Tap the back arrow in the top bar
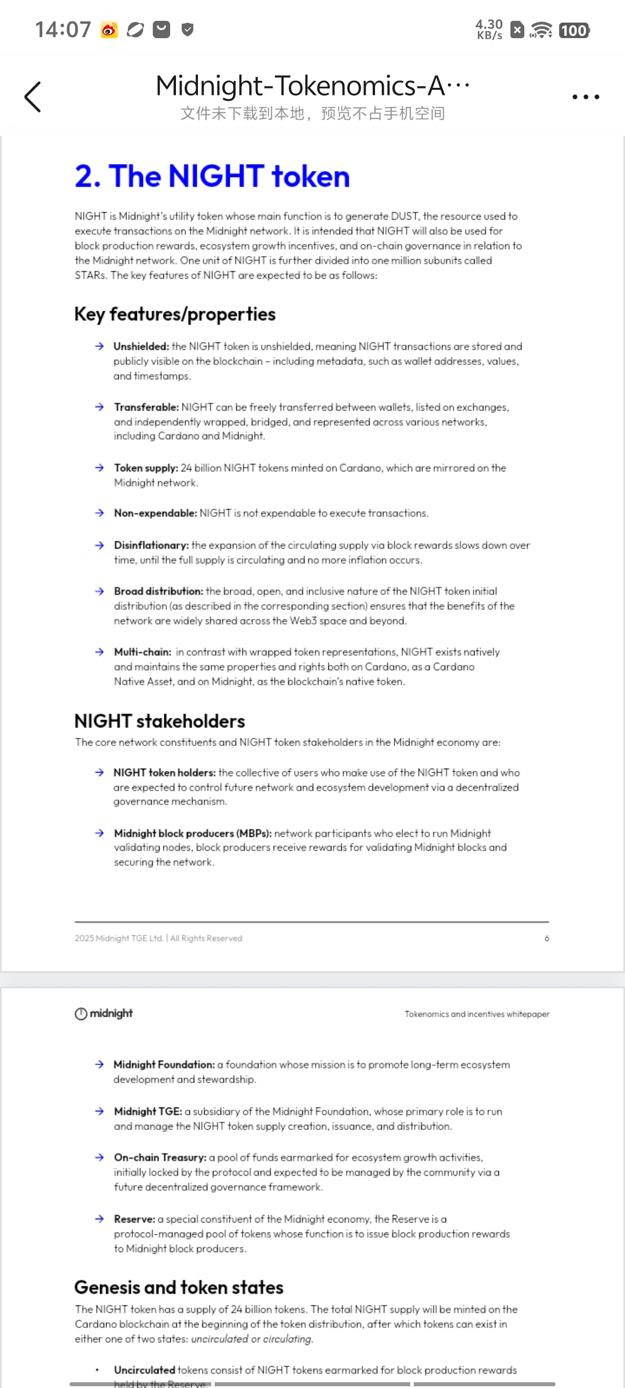(33, 97)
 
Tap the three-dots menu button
(585, 97)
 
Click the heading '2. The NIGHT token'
(212, 176)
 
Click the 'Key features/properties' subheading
(175, 314)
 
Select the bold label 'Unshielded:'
(141, 346)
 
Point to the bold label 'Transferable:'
(146, 407)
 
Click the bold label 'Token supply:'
(146, 468)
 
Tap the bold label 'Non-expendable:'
(155, 513)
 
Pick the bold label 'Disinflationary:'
(151, 545)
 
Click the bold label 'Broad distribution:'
(158, 591)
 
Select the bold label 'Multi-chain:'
(142, 652)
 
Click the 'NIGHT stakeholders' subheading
(160, 721)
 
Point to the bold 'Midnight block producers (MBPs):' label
(193, 833)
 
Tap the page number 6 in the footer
(547, 938)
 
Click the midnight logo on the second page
(104, 1013)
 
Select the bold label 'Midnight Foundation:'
(164, 1065)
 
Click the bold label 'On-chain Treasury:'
(160, 1157)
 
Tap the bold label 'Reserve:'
(134, 1219)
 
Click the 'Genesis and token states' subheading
(179, 1287)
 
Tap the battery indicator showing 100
(573, 30)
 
